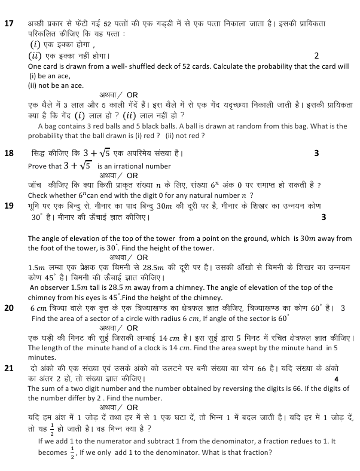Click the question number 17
(9, 24)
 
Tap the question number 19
(9, 206)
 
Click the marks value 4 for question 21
(336, 378)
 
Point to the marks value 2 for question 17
(316, 56)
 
